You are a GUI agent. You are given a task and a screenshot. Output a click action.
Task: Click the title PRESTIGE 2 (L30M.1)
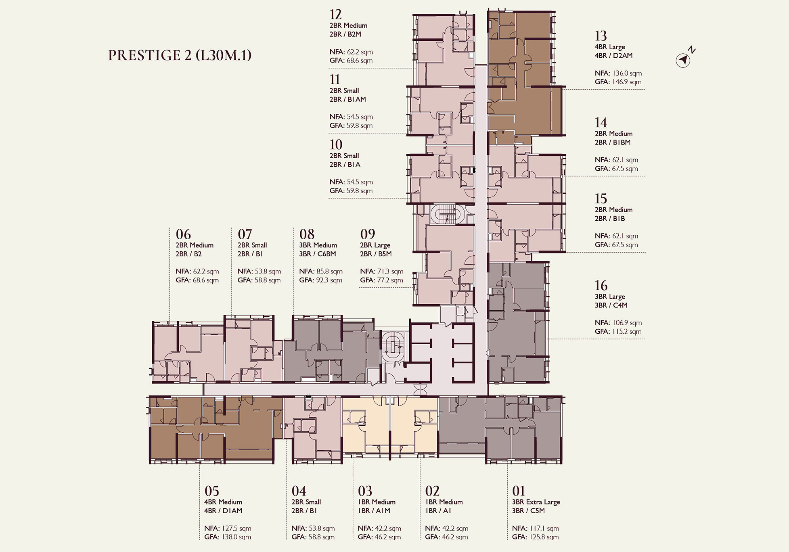click(x=180, y=55)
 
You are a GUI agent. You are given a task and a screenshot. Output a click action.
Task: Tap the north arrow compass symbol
click(x=683, y=61)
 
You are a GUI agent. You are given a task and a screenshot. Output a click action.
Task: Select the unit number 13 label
click(x=601, y=36)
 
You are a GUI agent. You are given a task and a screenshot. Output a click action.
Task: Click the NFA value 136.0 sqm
click(x=627, y=73)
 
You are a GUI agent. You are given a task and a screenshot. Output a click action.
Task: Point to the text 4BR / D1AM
click(x=223, y=510)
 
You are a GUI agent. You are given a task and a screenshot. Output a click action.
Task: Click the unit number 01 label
click(x=519, y=491)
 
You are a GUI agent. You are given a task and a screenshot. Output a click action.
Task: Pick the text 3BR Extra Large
click(x=536, y=502)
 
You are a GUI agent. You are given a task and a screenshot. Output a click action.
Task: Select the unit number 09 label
click(x=367, y=234)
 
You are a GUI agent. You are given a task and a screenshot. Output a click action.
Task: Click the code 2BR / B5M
click(x=376, y=254)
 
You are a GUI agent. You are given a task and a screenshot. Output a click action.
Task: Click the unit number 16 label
click(x=601, y=286)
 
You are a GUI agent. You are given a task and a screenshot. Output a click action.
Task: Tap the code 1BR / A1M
click(x=374, y=510)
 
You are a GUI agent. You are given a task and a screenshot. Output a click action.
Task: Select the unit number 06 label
click(x=183, y=234)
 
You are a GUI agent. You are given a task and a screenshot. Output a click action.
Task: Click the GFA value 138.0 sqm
click(x=236, y=537)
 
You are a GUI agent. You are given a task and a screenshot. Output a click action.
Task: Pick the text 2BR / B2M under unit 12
click(x=345, y=34)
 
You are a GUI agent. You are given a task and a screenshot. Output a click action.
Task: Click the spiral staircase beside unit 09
click(x=446, y=214)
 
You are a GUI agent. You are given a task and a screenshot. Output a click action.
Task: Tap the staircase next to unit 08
click(x=392, y=347)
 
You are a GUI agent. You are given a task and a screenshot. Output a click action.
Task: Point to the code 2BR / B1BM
click(x=612, y=142)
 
